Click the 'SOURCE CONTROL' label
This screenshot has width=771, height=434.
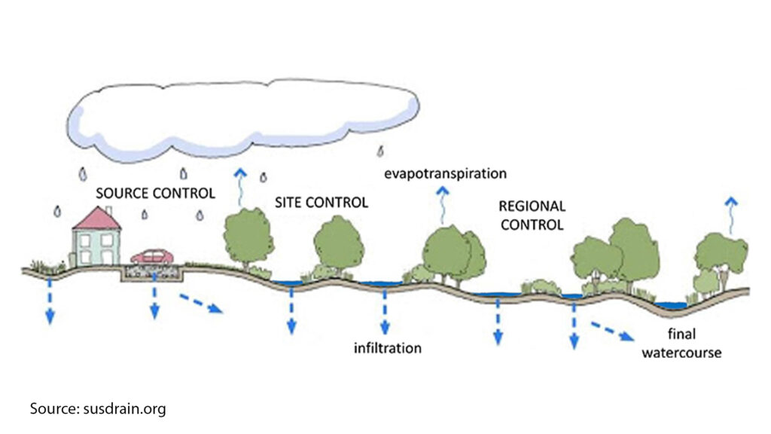click(155, 193)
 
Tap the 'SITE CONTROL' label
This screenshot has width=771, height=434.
click(321, 203)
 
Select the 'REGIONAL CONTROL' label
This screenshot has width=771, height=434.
click(532, 215)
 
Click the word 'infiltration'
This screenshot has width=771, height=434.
click(388, 348)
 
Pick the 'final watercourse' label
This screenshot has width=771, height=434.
click(681, 344)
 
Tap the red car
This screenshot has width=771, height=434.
click(152, 257)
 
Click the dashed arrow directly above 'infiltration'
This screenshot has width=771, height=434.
click(385, 311)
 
